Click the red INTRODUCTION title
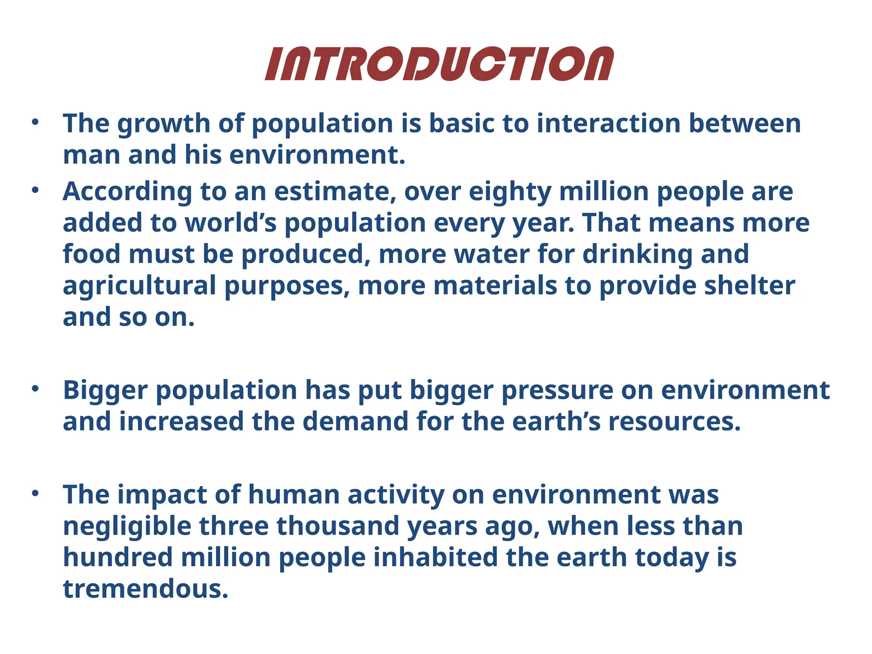439,64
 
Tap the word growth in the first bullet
164,124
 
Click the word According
127,192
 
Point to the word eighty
510,192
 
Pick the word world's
230,223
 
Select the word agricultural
140,286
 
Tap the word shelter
749,285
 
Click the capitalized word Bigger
105,390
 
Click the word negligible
127,526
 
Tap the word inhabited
436,557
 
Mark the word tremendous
145,589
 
